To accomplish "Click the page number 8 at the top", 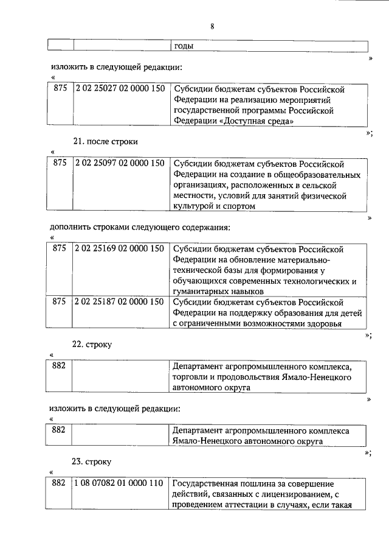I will pyautogui.click(x=212, y=26).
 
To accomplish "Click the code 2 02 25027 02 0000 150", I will pyautogui.click(x=120, y=89).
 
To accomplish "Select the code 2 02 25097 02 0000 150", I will pyautogui.click(x=120, y=163).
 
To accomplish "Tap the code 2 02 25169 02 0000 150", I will pyautogui.click(x=120, y=248).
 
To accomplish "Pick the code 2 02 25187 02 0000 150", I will pyautogui.click(x=120, y=301).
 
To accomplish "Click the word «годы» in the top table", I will pyautogui.click(x=184, y=46).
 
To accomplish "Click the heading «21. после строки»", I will pyautogui.click(x=105, y=141).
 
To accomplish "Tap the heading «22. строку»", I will pyautogui.click(x=92, y=344).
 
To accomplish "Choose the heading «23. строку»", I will pyautogui.click(x=92, y=462).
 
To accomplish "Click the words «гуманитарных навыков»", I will pyautogui.click(x=215, y=292).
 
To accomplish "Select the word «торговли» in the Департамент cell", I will pyautogui.click(x=190, y=377).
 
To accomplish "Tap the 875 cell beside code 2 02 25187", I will pyautogui.click(x=60, y=301).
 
